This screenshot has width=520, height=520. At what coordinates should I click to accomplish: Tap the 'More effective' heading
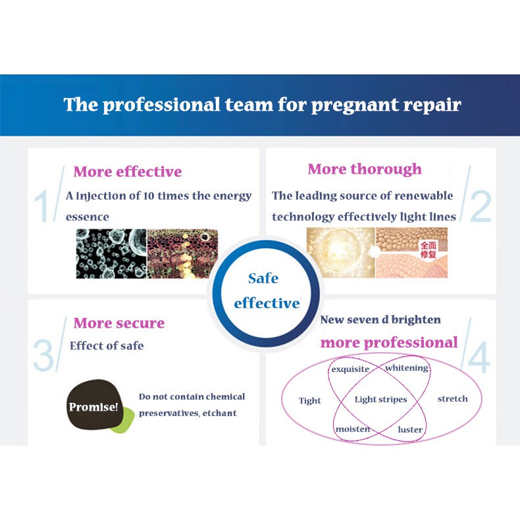[x=128, y=171]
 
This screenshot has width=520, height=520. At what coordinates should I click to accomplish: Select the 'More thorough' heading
[x=365, y=169]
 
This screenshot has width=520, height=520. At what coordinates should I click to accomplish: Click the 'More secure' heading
[x=119, y=323]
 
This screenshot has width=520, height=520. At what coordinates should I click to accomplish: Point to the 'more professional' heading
[x=389, y=343]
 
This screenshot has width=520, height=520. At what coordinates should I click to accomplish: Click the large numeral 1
[x=41, y=206]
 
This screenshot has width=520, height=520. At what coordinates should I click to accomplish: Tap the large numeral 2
[x=481, y=206]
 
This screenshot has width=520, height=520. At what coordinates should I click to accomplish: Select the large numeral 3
[x=43, y=356]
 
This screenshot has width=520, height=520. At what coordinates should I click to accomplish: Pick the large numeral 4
[x=479, y=357]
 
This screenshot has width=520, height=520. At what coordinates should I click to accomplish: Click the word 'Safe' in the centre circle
[x=263, y=278]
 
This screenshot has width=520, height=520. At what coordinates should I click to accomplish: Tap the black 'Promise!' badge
[x=94, y=404]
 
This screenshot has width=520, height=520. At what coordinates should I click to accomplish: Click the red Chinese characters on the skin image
[x=429, y=249]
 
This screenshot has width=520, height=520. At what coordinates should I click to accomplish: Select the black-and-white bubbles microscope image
[x=111, y=253]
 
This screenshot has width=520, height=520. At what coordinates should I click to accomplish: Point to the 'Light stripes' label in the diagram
[x=380, y=400]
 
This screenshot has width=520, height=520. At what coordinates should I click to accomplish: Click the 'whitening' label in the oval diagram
[x=407, y=368]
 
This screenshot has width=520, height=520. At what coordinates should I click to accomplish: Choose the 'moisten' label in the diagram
[x=353, y=429]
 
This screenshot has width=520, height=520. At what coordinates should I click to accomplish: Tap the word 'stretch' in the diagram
[x=453, y=399]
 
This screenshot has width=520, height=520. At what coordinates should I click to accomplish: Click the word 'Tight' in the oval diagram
[x=310, y=401]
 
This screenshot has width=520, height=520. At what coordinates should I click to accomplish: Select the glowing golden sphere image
[x=340, y=252]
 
